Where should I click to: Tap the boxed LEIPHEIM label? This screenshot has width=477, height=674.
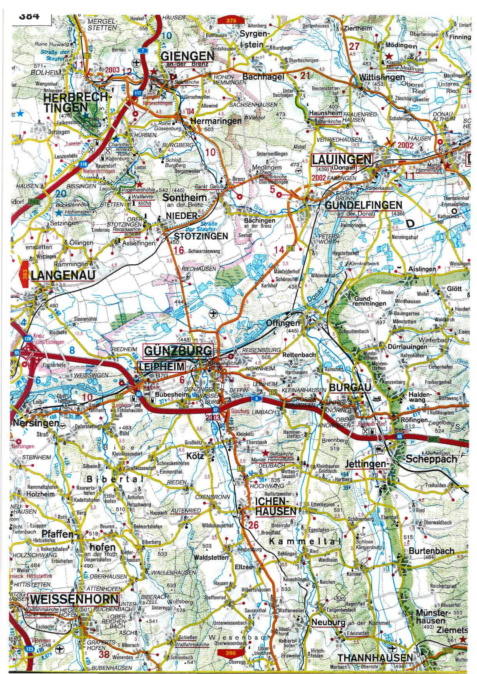click(x=161, y=366)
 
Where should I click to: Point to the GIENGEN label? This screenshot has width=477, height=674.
click(x=187, y=56)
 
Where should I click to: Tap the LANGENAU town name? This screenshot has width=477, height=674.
click(x=63, y=275)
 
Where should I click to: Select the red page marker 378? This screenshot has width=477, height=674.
click(x=231, y=21)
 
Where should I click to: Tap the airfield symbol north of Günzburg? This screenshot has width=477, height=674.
click(x=213, y=314)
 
